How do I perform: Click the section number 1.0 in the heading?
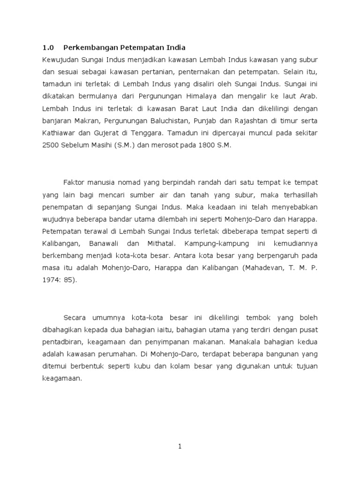click(48, 47)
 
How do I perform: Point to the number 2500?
click(50, 145)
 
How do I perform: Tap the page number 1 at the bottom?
click(180, 447)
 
